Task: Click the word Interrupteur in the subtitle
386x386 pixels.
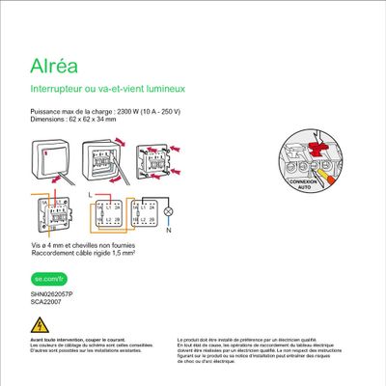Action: [x=60, y=90]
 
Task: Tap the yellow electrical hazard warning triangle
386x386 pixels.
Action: [x=39, y=324]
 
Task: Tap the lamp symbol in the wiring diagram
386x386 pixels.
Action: [x=167, y=210]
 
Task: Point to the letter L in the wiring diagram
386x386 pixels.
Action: [x=91, y=194]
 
